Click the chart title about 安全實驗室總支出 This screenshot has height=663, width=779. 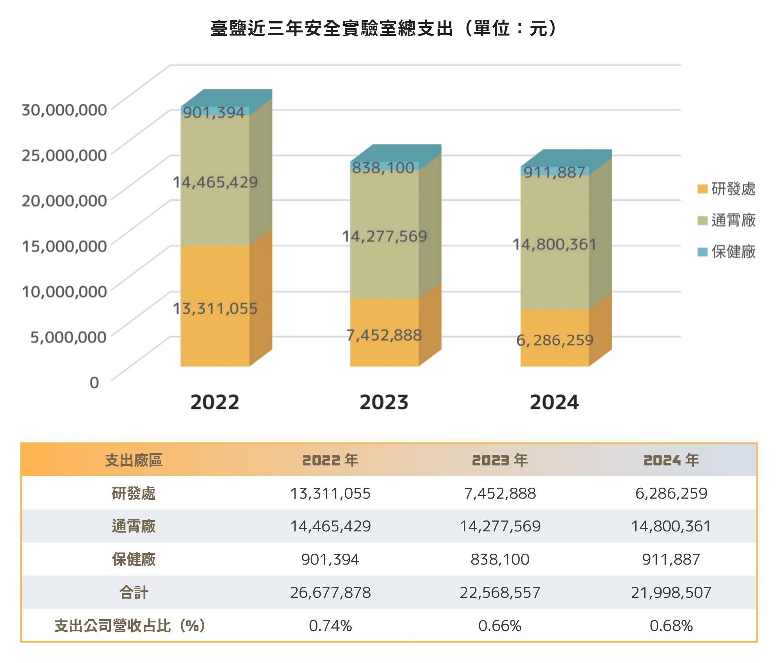click(x=384, y=28)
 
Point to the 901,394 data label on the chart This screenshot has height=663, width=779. click(x=214, y=112)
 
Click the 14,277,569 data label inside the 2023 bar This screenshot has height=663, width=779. click(x=384, y=236)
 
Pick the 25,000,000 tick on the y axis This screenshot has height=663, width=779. click(x=64, y=155)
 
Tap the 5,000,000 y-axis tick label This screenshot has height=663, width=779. click(x=68, y=337)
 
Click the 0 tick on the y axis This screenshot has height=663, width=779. click(x=94, y=382)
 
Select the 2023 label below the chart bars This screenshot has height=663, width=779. click(x=384, y=402)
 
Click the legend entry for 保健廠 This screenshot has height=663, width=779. click(x=727, y=252)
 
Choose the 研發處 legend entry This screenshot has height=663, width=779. click(x=727, y=189)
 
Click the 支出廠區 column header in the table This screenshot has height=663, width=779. click(x=134, y=460)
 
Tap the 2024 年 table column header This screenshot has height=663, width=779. click(x=671, y=460)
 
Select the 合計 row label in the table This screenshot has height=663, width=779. click(x=134, y=592)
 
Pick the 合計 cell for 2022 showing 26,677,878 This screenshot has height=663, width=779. click(x=330, y=592)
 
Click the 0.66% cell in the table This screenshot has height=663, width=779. click(x=500, y=626)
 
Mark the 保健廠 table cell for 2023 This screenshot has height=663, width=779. click(x=500, y=559)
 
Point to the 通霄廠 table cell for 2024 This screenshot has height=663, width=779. click(x=671, y=526)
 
